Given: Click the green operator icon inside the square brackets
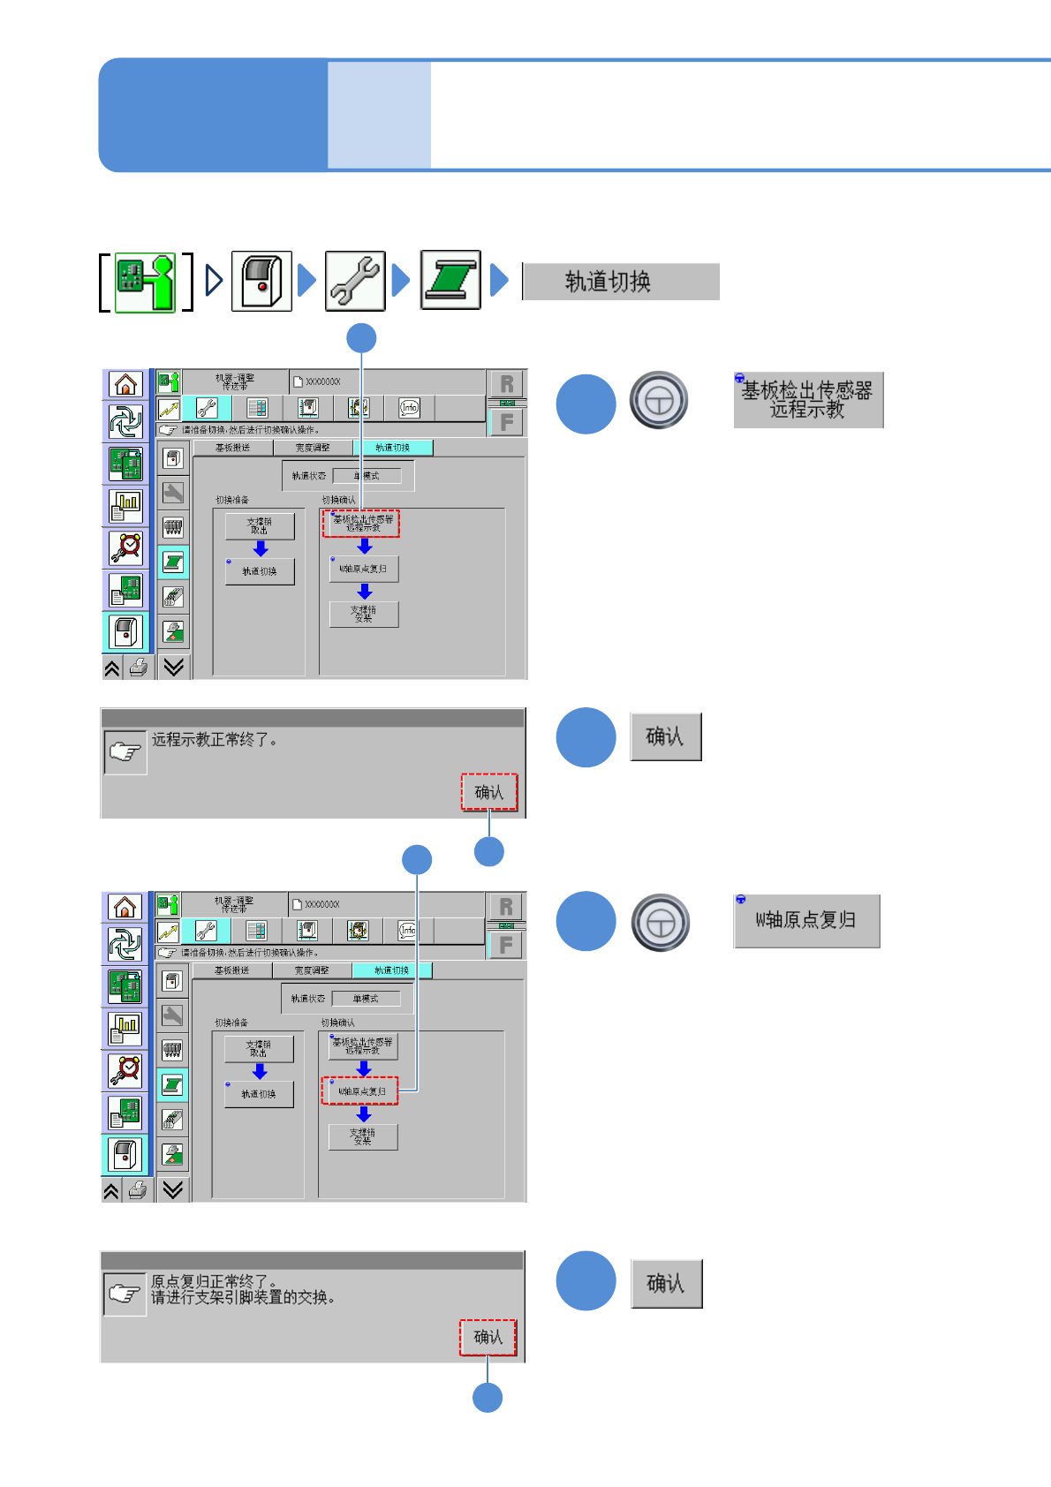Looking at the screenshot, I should click(146, 283).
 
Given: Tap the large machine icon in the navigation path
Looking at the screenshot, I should click(261, 282).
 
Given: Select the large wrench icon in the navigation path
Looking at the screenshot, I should click(355, 282).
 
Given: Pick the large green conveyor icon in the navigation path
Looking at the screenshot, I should click(450, 281).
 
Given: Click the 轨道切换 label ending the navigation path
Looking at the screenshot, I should click(621, 282).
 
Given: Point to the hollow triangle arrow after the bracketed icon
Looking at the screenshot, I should click(214, 281).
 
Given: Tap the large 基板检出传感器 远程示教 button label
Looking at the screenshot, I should click(808, 400).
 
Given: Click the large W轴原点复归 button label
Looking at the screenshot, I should click(806, 920).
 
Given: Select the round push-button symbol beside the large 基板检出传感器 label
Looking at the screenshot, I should click(659, 400).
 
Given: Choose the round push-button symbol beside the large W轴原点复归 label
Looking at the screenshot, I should click(661, 923).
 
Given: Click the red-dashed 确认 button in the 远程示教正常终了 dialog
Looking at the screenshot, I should click(489, 792).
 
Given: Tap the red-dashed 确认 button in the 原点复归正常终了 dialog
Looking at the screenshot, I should click(488, 1337).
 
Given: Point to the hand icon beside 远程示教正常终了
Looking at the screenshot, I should click(125, 752).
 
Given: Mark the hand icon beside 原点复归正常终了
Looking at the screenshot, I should click(125, 1294).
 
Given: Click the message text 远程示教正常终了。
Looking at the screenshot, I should click(215, 740).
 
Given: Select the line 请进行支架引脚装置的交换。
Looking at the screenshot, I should click(243, 1297).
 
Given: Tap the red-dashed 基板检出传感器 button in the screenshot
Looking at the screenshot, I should click(362, 524).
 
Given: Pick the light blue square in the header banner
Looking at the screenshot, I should click(379, 115).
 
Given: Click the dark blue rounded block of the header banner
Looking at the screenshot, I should click(213, 115).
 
